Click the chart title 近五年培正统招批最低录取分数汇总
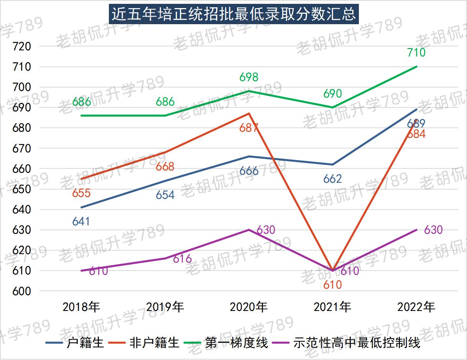click(233, 14)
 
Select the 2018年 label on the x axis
click(81, 307)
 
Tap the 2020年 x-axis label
click(248, 307)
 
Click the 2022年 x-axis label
click(416, 307)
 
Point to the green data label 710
click(416, 52)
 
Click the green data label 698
click(249, 77)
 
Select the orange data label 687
click(249, 128)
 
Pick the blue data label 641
click(81, 221)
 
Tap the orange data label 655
click(81, 193)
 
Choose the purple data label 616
click(182, 259)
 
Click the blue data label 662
click(332, 179)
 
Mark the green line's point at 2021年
click(332, 107)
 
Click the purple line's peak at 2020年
click(249, 230)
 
